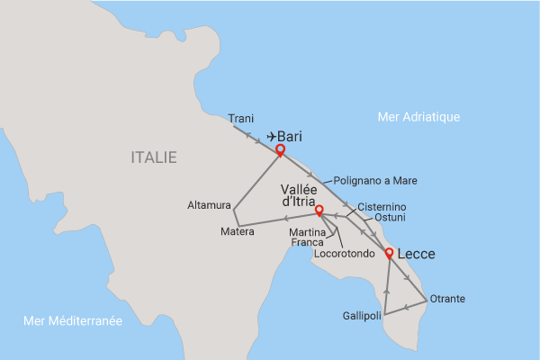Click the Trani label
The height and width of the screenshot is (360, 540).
[241, 118]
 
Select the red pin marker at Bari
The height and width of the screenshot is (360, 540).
[280, 150]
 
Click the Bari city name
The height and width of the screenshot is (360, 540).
[290, 137]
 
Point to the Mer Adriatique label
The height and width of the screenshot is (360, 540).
[419, 116]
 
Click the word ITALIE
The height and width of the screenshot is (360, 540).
[154, 157]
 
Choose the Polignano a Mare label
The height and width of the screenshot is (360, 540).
[376, 180]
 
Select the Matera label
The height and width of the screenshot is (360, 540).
[238, 232]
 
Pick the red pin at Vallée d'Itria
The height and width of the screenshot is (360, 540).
[319, 211]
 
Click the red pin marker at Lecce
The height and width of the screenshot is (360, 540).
[389, 255]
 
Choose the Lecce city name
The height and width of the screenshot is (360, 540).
[415, 255]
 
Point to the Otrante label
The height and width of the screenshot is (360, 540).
[447, 299]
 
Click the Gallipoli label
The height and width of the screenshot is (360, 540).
[363, 316]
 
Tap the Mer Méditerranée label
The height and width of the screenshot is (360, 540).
[73, 320]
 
